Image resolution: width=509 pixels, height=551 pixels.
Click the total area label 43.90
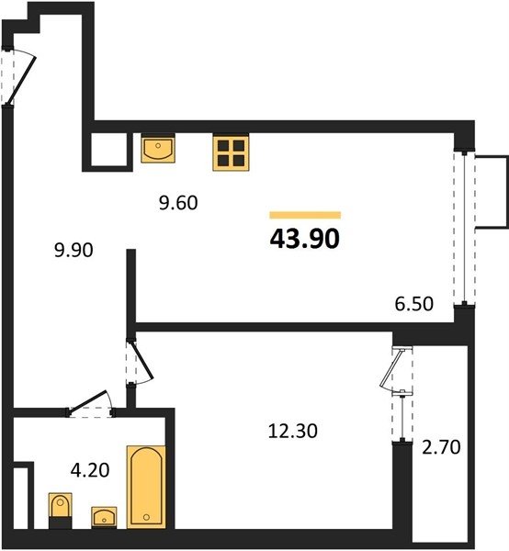click(305, 239)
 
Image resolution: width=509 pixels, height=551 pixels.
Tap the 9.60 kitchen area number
click(178, 203)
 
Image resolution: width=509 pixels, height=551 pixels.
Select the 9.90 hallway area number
click(74, 250)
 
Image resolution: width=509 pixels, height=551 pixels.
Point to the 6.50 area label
click(413, 304)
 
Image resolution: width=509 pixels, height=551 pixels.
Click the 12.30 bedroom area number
click(292, 431)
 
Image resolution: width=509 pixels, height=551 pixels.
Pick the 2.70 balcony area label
click(441, 447)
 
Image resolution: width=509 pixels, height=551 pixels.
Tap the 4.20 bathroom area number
click(90, 470)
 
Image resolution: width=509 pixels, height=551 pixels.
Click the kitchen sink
click(158, 148)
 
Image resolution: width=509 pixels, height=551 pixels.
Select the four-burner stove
click(231, 152)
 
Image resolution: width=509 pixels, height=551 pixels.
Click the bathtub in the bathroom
click(146, 487)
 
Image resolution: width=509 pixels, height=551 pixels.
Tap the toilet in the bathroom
click(60, 511)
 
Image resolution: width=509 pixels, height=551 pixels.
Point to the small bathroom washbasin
click(104, 517)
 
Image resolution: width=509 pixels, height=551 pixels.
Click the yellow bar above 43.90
click(305, 215)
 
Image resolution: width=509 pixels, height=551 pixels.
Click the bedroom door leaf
click(142, 361)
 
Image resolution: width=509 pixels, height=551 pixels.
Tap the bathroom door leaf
click(88, 400)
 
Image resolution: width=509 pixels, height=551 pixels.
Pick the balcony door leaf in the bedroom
click(391, 368)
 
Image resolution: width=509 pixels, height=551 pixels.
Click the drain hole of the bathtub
click(147, 517)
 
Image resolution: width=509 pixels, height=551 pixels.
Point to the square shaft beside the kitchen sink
click(108, 150)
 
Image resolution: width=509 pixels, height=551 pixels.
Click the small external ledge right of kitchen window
click(492, 192)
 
